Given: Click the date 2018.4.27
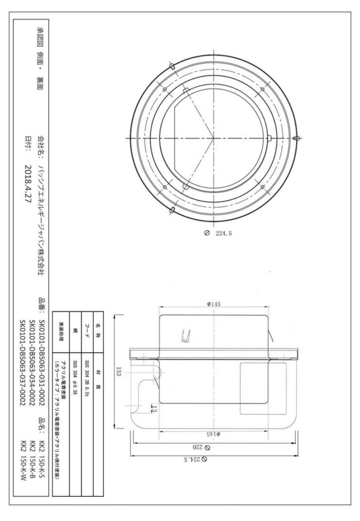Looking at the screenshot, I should pos(28,184).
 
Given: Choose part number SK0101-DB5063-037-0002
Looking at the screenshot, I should pos(22,363).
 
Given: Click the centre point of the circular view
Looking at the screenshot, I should pos(213,138).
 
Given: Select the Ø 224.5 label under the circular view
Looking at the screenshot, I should pos(218,233).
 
